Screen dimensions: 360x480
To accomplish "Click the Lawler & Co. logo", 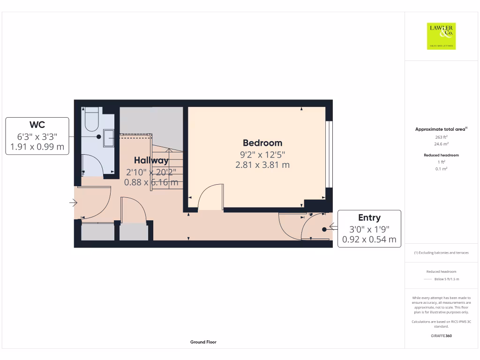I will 442,36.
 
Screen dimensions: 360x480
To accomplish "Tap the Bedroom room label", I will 262,143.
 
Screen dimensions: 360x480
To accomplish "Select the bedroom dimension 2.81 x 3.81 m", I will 262,165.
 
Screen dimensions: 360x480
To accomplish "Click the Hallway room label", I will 151,160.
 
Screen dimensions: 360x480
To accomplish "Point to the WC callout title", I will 37,125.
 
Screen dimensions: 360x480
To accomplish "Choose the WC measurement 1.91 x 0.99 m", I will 37,147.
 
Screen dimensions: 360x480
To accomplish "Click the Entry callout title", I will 369,217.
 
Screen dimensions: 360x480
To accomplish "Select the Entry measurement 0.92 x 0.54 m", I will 369,240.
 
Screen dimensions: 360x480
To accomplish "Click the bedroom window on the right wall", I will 329,155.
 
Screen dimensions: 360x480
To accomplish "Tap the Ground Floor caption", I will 203,342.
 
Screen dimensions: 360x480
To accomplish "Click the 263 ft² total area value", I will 441,137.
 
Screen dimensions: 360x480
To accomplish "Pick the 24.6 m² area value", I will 441,144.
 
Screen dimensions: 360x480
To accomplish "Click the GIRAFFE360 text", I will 441,336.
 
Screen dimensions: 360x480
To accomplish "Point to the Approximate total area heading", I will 440,129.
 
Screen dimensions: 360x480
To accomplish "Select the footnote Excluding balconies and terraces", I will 441,253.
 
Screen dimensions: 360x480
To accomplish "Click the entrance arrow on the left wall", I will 73,203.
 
